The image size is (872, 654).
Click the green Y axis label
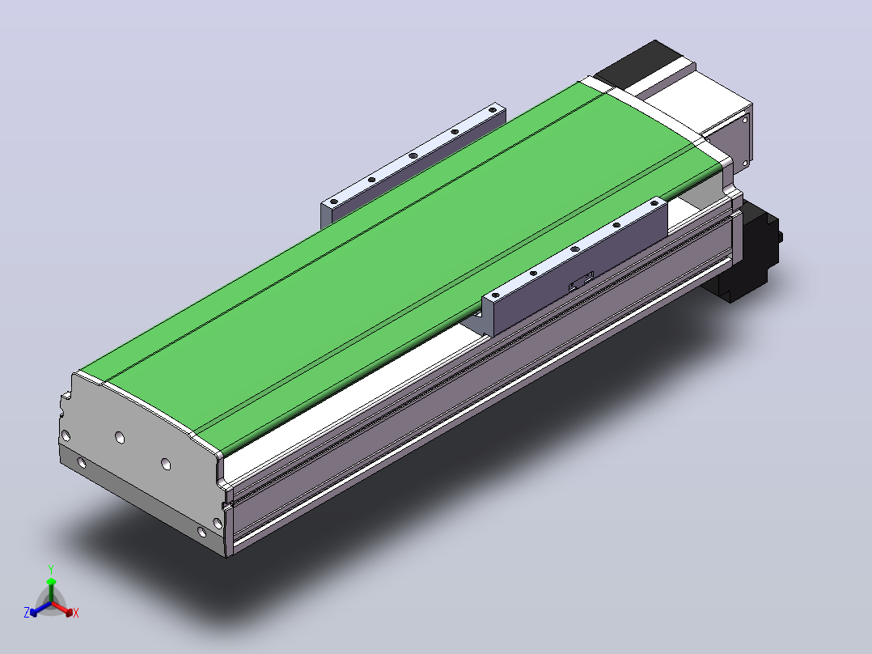(51, 569)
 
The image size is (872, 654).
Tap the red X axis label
(76, 613)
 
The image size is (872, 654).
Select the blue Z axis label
(27, 612)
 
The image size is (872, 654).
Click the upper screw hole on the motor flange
(743, 118)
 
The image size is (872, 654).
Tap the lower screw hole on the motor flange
(745, 163)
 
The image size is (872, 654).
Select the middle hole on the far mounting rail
(413, 155)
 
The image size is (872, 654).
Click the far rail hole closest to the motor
(492, 110)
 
